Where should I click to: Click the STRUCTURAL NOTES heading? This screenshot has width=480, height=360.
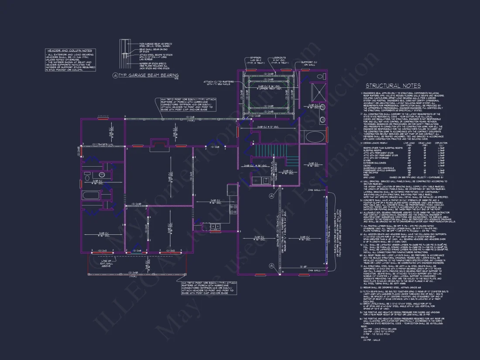[393, 86]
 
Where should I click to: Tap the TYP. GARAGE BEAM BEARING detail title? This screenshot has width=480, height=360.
[148, 75]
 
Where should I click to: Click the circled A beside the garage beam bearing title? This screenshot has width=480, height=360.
[115, 75]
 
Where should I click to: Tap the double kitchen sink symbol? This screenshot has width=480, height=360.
[215, 226]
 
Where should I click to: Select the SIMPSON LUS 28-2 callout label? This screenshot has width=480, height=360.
[251, 59]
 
